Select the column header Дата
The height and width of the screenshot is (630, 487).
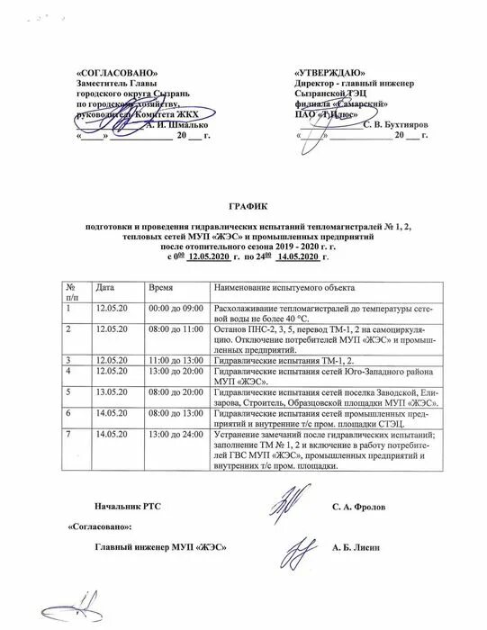click(x=105, y=285)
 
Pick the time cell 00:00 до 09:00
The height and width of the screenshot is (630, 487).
click(x=176, y=309)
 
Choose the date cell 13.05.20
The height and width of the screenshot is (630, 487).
click(x=112, y=392)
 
